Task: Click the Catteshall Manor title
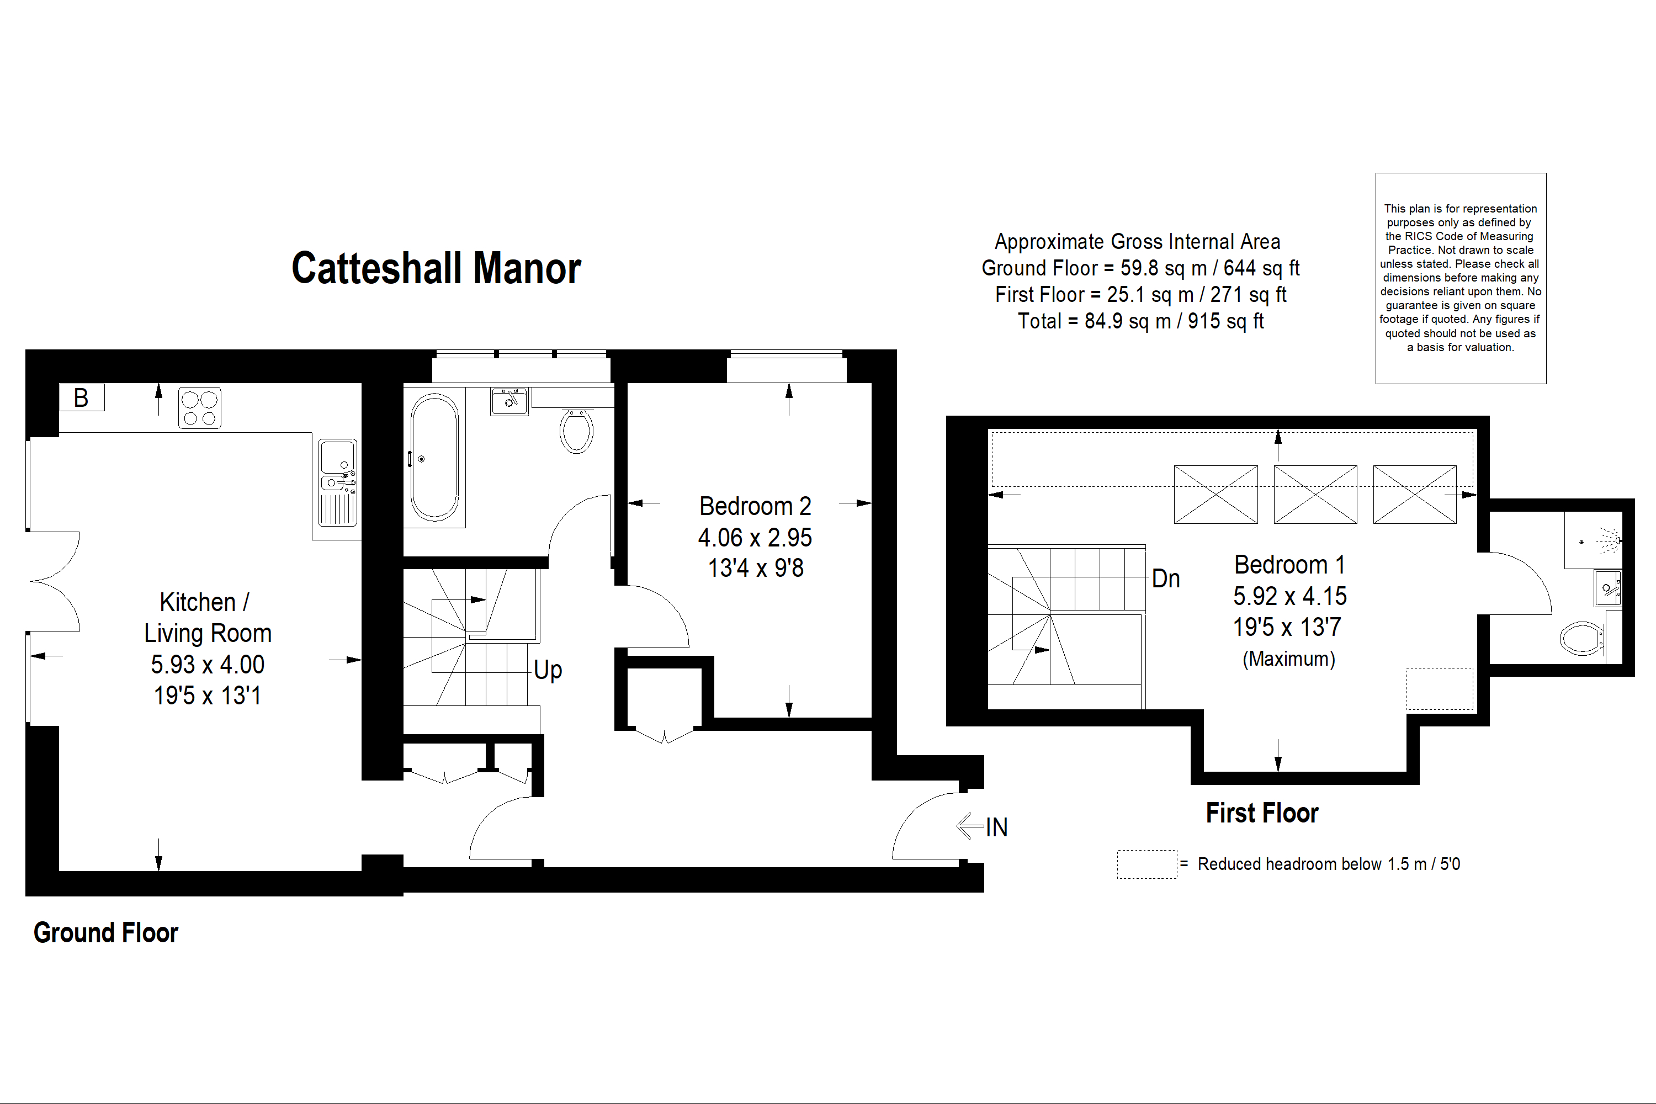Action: pos(436,268)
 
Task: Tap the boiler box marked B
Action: pos(82,398)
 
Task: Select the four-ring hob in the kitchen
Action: pos(199,408)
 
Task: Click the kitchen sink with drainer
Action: pos(338,482)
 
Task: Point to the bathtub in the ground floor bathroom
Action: pos(434,458)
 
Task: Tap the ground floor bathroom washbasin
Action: pos(509,401)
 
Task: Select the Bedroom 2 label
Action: pos(755,506)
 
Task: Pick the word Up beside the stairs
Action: pos(548,670)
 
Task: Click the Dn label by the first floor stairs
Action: pos(1165,578)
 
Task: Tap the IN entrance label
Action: pos(996,827)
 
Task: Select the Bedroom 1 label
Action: pos(1289,565)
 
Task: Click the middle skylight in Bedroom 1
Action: pos(1315,494)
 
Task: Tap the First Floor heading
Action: pos(1262,813)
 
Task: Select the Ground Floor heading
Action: pos(105,933)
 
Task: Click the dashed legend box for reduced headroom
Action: pos(1147,864)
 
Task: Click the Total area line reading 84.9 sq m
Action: pos(1140,321)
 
